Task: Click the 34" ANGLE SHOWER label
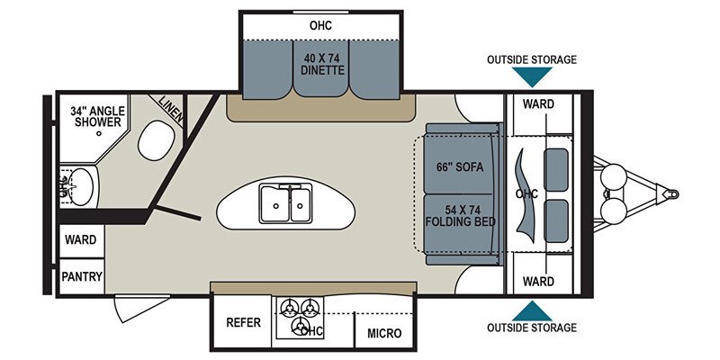(97, 117)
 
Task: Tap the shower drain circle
(99, 133)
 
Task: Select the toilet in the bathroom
(156, 140)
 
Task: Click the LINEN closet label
(171, 110)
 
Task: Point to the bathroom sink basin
(81, 186)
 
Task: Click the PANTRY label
(82, 276)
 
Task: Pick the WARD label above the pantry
(81, 239)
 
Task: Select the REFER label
(243, 322)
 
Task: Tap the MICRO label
(384, 333)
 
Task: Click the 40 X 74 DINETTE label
(324, 64)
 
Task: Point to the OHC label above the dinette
(320, 25)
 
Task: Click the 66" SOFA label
(460, 166)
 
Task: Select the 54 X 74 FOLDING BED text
(461, 216)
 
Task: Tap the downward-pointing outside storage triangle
(532, 76)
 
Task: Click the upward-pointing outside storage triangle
(532, 310)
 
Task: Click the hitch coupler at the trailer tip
(670, 193)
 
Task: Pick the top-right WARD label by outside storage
(538, 103)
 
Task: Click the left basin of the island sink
(274, 205)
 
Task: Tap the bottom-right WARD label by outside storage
(538, 281)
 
